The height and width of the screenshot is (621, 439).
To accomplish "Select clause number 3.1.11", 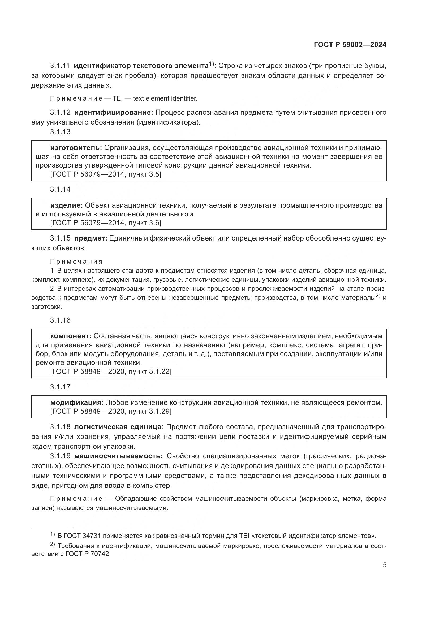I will (x=60, y=66).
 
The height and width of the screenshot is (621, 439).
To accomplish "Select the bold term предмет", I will (x=91, y=238).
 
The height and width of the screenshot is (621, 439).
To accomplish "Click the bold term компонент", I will (x=71, y=336).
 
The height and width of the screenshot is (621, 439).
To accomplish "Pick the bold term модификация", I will (x=77, y=402).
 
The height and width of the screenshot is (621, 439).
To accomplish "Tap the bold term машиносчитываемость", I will (x=118, y=456).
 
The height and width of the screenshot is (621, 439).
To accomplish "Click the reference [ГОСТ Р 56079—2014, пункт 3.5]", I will (x=106, y=174).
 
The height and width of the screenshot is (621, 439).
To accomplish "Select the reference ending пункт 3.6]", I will (x=106, y=223).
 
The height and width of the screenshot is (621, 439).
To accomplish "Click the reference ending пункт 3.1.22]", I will (x=111, y=371).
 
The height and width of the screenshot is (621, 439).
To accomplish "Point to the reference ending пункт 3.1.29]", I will (x=111, y=411).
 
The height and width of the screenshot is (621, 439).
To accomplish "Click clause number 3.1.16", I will (x=60, y=320).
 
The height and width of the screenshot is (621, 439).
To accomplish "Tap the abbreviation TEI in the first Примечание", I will (x=118, y=98).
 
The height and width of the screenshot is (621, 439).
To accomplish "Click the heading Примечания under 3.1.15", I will (x=76, y=262).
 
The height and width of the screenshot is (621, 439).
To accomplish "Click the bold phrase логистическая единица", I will (x=118, y=427).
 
